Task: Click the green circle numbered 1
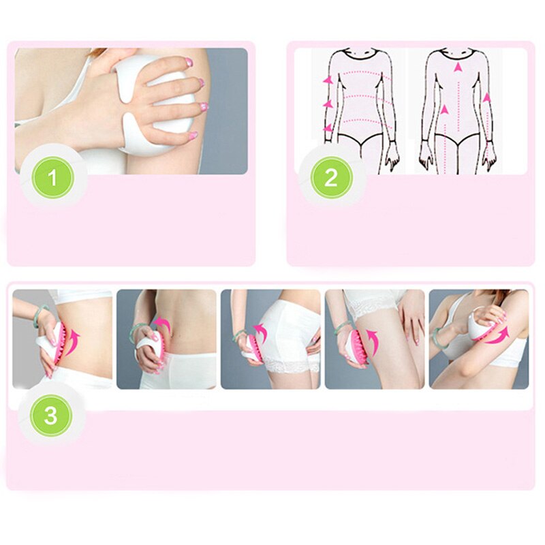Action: click(52, 178)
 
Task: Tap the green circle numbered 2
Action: click(331, 178)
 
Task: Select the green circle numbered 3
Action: click(50, 416)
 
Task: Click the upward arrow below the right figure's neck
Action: click(458, 67)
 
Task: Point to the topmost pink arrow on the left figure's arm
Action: click(328, 80)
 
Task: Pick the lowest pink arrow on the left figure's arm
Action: click(328, 128)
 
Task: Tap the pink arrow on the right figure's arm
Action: click(487, 97)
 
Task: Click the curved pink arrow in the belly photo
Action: click(73, 343)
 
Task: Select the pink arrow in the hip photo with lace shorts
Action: click(260, 332)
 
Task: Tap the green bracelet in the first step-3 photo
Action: click(40, 315)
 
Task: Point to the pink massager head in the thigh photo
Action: click(356, 347)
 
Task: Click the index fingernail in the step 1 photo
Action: click(189, 63)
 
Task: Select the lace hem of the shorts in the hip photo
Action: click(292, 366)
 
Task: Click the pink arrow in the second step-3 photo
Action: click(163, 322)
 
